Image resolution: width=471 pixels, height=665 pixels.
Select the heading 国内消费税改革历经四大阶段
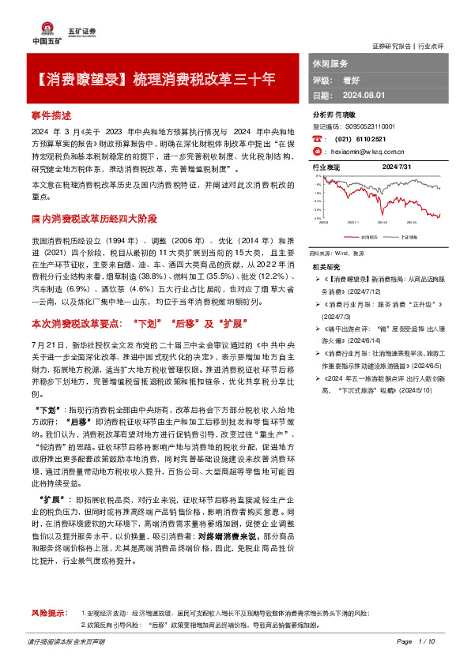(96, 218)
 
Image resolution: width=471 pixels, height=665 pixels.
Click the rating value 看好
(349, 80)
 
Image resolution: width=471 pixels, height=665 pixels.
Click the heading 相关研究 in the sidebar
(328, 267)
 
